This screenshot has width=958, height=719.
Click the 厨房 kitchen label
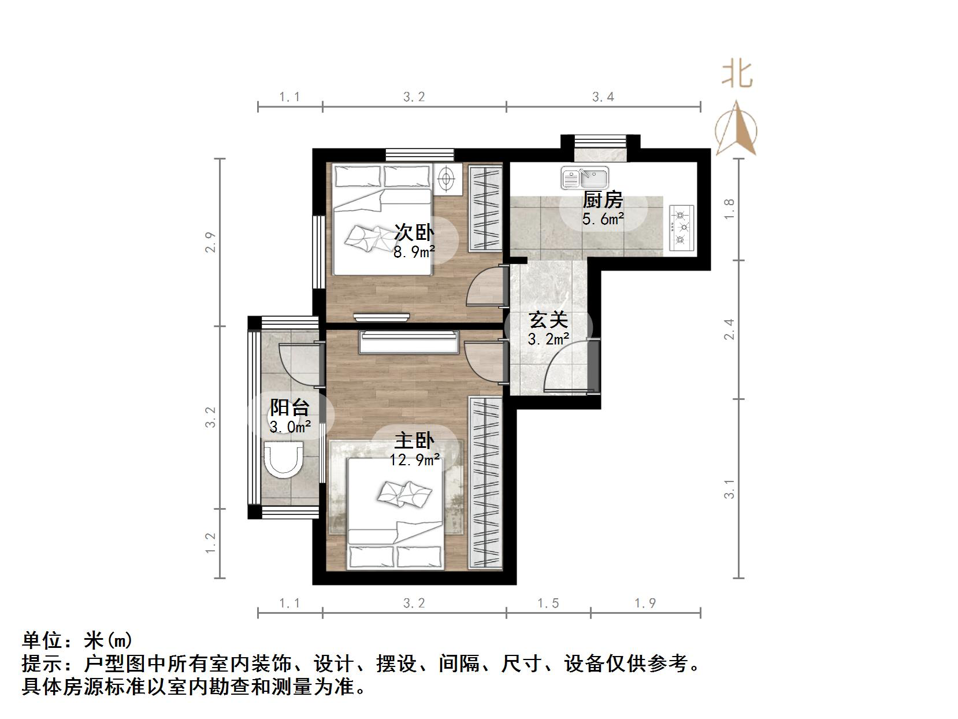(x=603, y=200)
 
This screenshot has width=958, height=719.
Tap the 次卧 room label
(x=414, y=233)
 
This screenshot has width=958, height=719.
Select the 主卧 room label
(x=414, y=441)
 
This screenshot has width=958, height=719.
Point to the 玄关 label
(x=548, y=320)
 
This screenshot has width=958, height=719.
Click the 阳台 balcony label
(x=289, y=407)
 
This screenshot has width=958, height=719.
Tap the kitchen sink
(x=584, y=178)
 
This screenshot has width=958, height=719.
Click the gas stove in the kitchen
(x=682, y=228)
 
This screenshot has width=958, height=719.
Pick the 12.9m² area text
(x=414, y=460)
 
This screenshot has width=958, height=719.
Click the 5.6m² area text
(x=603, y=219)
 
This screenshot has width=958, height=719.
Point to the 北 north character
(x=737, y=75)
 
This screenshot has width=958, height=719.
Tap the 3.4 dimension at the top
(x=603, y=97)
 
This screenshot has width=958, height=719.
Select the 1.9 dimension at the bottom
(x=645, y=603)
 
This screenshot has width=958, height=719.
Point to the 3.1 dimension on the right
(x=730, y=489)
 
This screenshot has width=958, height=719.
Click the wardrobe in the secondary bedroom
(x=485, y=209)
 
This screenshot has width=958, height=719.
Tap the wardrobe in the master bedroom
(x=485, y=483)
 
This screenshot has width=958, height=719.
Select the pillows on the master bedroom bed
(x=395, y=557)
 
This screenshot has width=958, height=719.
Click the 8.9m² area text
(x=414, y=252)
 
